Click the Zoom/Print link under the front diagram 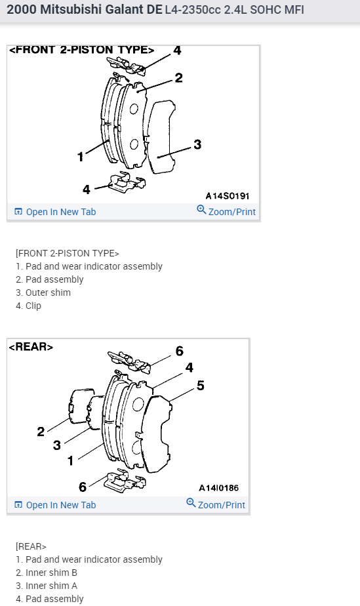(x=226, y=211)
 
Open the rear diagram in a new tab (x=55, y=505)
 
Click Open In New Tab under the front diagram (x=55, y=212)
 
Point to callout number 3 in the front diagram (x=197, y=144)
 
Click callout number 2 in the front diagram (x=178, y=77)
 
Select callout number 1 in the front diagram (x=81, y=157)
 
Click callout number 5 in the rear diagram (x=200, y=386)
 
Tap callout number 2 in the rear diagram (x=41, y=432)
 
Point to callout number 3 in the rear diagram (x=57, y=445)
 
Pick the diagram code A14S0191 (x=227, y=196)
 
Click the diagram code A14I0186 (x=218, y=488)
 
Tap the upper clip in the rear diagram (x=129, y=362)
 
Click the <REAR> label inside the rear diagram (x=31, y=347)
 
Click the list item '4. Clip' (x=28, y=306)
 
